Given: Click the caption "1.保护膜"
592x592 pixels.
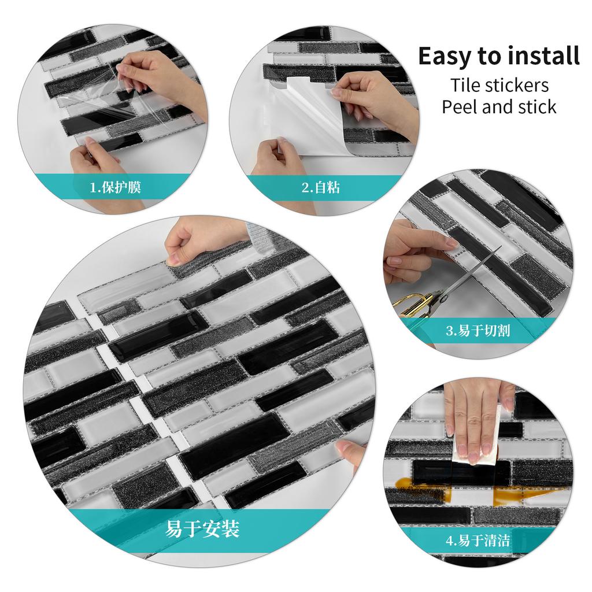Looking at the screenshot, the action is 115,187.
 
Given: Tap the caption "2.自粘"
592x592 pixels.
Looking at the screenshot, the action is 320,187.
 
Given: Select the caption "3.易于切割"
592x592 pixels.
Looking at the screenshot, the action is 478,331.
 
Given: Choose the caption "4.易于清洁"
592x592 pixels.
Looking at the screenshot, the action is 478,541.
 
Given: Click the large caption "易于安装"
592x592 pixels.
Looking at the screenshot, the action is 202,528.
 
